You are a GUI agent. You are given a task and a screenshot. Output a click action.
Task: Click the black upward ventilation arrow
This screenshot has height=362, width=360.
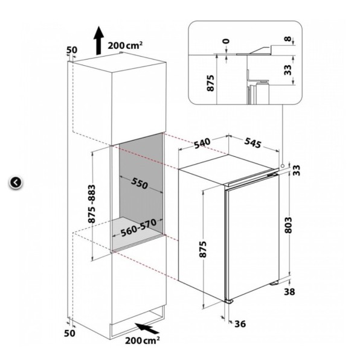[98, 40]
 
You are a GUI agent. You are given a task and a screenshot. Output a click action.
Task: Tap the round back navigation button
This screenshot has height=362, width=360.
[16, 183]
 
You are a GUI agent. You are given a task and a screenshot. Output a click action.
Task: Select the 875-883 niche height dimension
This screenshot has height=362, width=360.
[92, 203]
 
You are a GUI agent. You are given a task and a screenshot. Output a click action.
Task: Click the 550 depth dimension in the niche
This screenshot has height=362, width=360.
[140, 183]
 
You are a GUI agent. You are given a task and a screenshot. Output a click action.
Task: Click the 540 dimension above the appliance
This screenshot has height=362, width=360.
[202, 143]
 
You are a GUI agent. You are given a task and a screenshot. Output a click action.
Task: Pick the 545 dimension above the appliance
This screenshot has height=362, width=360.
[253, 142]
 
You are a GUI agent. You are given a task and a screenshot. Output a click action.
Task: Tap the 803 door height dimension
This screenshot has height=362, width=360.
[288, 225]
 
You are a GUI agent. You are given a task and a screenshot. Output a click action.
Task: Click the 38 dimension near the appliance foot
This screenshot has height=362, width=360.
[289, 292]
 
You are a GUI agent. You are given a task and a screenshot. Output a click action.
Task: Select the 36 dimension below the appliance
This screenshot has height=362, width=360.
[240, 324]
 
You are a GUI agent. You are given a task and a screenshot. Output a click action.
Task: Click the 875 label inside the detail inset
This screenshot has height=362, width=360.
[210, 83]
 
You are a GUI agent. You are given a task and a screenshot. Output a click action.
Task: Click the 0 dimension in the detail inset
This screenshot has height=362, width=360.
[227, 41]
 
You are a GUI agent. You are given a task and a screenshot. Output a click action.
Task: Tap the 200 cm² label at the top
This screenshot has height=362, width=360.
[125, 45]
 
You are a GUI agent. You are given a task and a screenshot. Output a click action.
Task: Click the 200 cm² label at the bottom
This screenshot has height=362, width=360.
[143, 340]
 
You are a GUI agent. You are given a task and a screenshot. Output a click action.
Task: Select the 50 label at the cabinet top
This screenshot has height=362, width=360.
[72, 50]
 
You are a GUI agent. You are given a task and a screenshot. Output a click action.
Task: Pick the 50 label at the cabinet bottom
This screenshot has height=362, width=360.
[69, 334]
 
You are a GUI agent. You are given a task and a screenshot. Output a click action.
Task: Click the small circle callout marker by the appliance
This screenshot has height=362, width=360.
[282, 166]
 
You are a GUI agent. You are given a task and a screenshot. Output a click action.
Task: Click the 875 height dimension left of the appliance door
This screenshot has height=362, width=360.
[202, 249]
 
